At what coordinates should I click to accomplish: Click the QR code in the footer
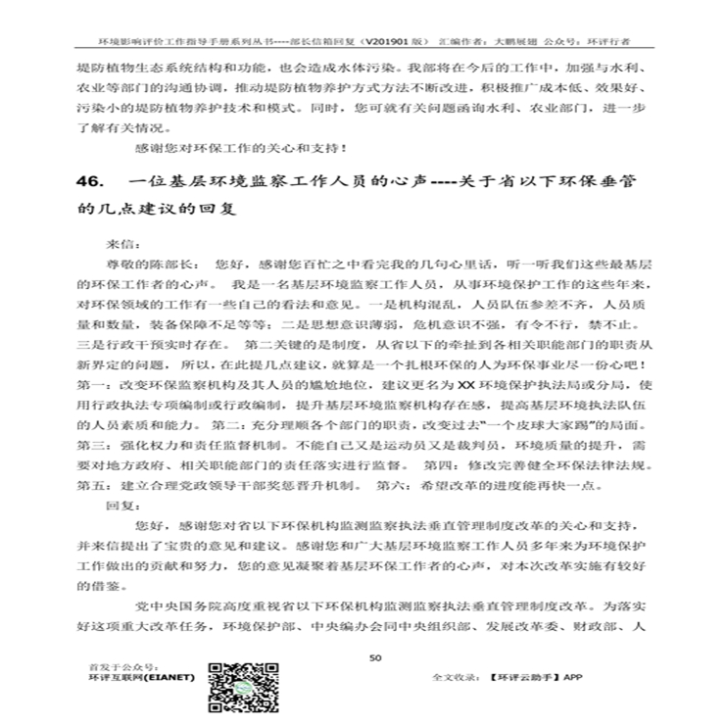pyautogui.click(x=239, y=686)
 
